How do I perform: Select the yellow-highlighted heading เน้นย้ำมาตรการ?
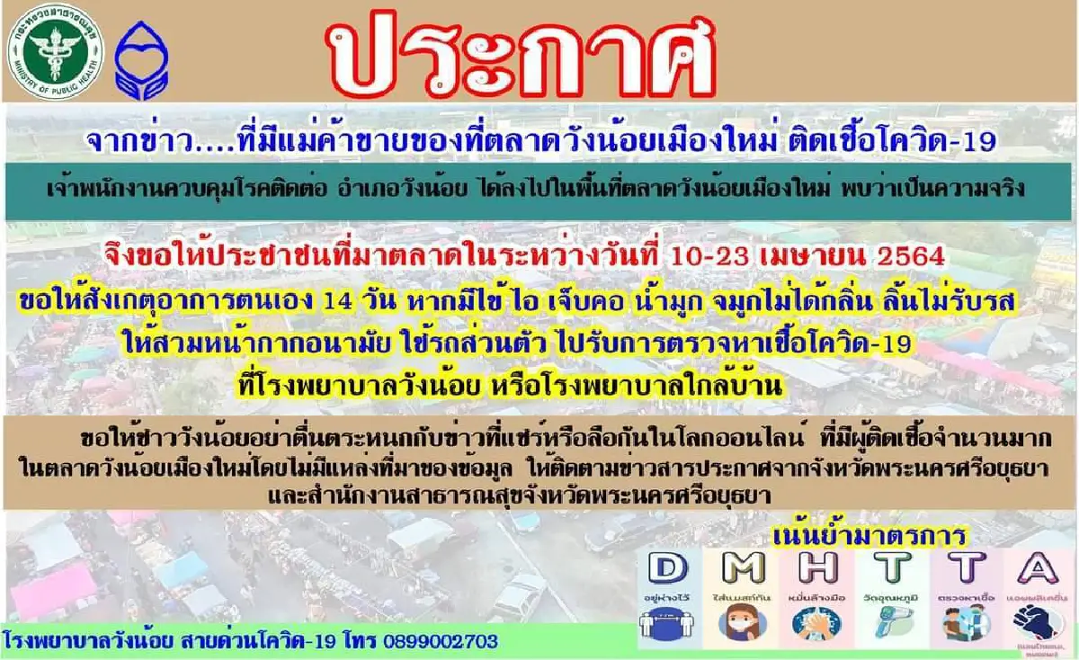[x=868, y=538]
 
